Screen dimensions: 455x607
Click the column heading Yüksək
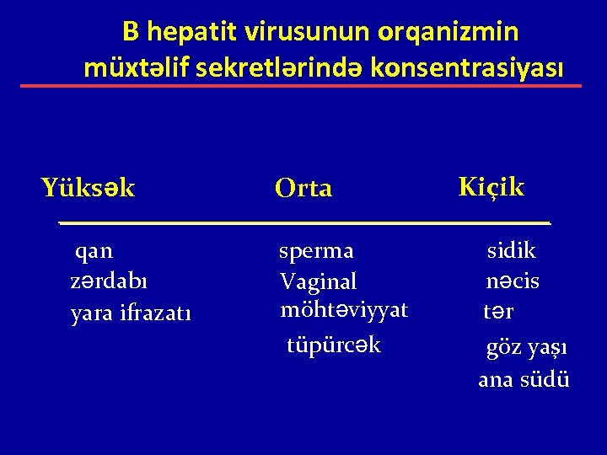(88, 187)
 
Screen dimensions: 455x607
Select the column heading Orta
(303, 189)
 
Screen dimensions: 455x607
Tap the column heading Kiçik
(491, 186)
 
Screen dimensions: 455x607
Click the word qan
(94, 250)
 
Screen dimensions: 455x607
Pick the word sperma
(317, 251)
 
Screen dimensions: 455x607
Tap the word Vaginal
(319, 280)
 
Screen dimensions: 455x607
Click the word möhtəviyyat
(344, 309)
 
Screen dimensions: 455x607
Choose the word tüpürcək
(334, 345)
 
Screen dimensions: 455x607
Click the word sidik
(512, 250)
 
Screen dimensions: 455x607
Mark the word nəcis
(513, 281)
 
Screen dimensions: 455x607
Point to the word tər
(498, 312)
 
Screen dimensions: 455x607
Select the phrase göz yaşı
(525, 347)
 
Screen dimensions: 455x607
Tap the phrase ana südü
(524, 379)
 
